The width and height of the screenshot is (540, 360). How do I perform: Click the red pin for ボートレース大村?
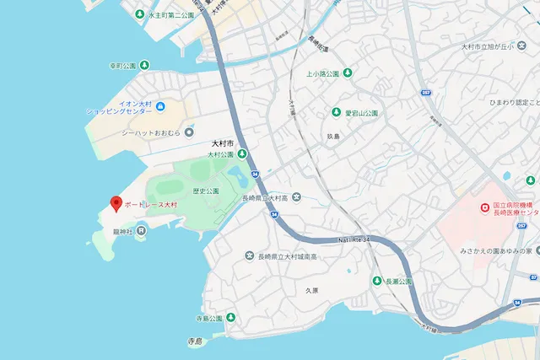point(116,202)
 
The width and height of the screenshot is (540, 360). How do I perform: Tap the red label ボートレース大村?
point(151,205)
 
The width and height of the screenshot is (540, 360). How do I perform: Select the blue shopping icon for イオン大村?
point(160,106)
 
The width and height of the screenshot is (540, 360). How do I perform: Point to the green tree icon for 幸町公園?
point(143,64)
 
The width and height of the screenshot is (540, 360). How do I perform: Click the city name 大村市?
point(223,144)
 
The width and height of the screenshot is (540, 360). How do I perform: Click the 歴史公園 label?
point(205,191)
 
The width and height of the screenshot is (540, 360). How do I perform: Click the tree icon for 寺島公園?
point(230,318)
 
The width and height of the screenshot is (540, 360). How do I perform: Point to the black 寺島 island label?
point(196,341)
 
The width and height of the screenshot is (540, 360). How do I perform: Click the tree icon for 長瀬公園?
point(377,281)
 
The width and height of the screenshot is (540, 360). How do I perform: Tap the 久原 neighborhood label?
point(311,290)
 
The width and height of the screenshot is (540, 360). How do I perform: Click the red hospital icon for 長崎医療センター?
point(484,207)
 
